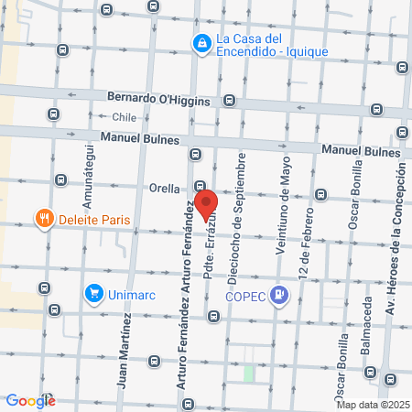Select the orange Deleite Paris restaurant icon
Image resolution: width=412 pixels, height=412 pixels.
pos(42,219)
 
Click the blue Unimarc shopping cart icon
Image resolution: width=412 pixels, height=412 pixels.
pos(92,293)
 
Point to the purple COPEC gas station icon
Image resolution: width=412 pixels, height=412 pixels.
pos(281,294)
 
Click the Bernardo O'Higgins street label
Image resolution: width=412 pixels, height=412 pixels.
pos(157,98)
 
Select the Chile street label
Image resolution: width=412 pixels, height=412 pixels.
pos(124,117)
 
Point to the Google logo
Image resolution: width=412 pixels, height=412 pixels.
pos(30,400)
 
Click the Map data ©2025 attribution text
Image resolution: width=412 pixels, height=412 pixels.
pos(373,405)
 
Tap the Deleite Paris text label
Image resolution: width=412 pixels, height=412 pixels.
pos(94,220)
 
